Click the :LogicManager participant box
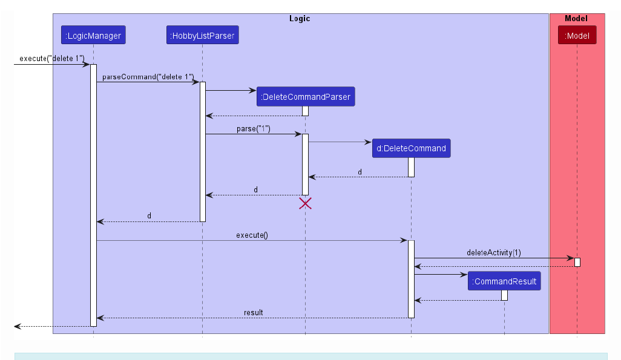point(93,36)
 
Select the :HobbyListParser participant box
point(202,36)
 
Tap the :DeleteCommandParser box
point(305,97)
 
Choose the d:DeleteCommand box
point(411,148)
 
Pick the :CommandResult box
point(504,281)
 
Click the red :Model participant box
point(577,36)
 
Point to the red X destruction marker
point(305,204)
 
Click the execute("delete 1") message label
point(52,59)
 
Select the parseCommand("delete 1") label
point(148,77)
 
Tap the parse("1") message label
point(253,129)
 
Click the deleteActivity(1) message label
point(493,252)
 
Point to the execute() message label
point(252,235)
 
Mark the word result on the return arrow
point(253,313)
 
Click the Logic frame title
point(300,19)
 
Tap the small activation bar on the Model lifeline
point(577,262)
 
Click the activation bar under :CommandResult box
point(504,295)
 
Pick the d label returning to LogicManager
point(149,216)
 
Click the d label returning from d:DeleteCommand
point(360,172)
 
